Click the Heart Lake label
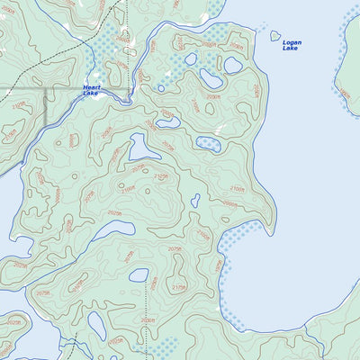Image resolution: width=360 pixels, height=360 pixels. pyautogui.click(x=92, y=90)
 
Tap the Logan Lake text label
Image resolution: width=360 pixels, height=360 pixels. pyautogui.click(x=292, y=45)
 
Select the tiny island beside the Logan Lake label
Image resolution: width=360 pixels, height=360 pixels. pyautogui.click(x=274, y=36)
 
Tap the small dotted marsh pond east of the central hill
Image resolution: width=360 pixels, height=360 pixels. pyautogui.click(x=208, y=142)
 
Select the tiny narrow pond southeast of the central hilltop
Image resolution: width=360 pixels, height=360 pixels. pyautogui.click(x=195, y=201)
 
